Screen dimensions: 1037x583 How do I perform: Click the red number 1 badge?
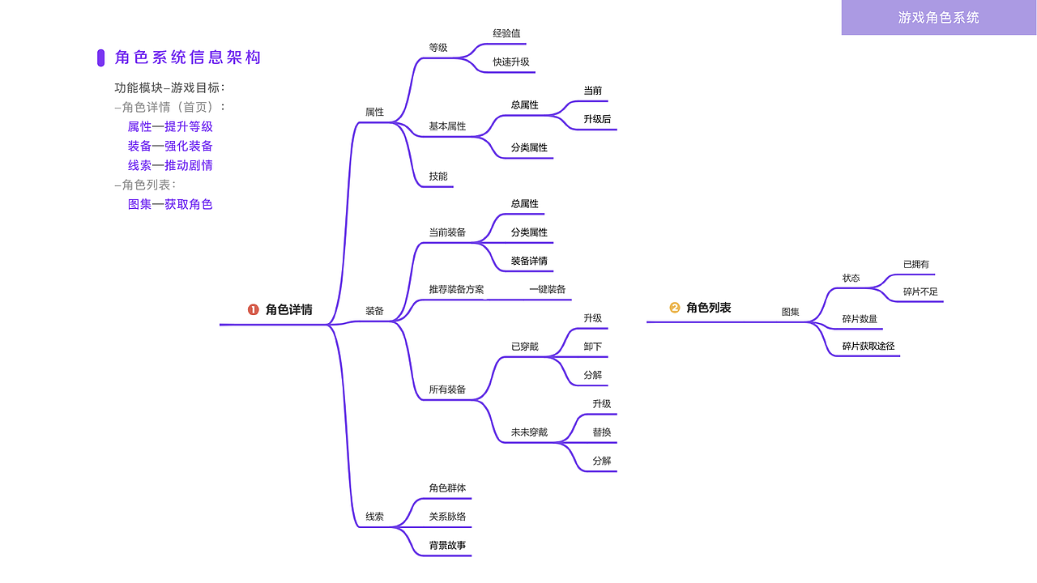click(254, 309)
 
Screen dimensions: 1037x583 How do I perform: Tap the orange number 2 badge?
click(675, 308)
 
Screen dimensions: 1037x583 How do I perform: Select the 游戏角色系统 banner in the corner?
click(939, 17)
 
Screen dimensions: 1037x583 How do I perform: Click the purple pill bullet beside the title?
click(101, 57)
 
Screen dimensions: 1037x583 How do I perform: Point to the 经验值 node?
click(506, 33)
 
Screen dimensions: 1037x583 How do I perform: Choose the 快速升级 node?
click(511, 62)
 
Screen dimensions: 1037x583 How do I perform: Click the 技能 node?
click(438, 177)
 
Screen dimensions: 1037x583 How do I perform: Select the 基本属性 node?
click(447, 126)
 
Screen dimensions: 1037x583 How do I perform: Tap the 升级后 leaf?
click(597, 119)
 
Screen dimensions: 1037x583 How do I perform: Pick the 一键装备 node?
click(547, 290)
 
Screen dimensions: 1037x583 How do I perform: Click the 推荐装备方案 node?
click(456, 290)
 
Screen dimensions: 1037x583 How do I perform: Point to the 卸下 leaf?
click(592, 347)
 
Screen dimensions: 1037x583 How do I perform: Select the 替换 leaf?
click(602, 432)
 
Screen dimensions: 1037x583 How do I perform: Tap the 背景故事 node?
click(447, 546)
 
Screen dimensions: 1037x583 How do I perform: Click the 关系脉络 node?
click(447, 517)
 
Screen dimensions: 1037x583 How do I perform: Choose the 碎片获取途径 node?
click(868, 346)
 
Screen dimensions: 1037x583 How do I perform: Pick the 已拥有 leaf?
click(915, 264)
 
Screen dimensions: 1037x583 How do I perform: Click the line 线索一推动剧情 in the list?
click(170, 166)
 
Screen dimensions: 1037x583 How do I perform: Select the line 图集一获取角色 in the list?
click(170, 205)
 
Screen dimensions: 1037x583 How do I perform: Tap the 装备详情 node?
click(529, 261)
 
